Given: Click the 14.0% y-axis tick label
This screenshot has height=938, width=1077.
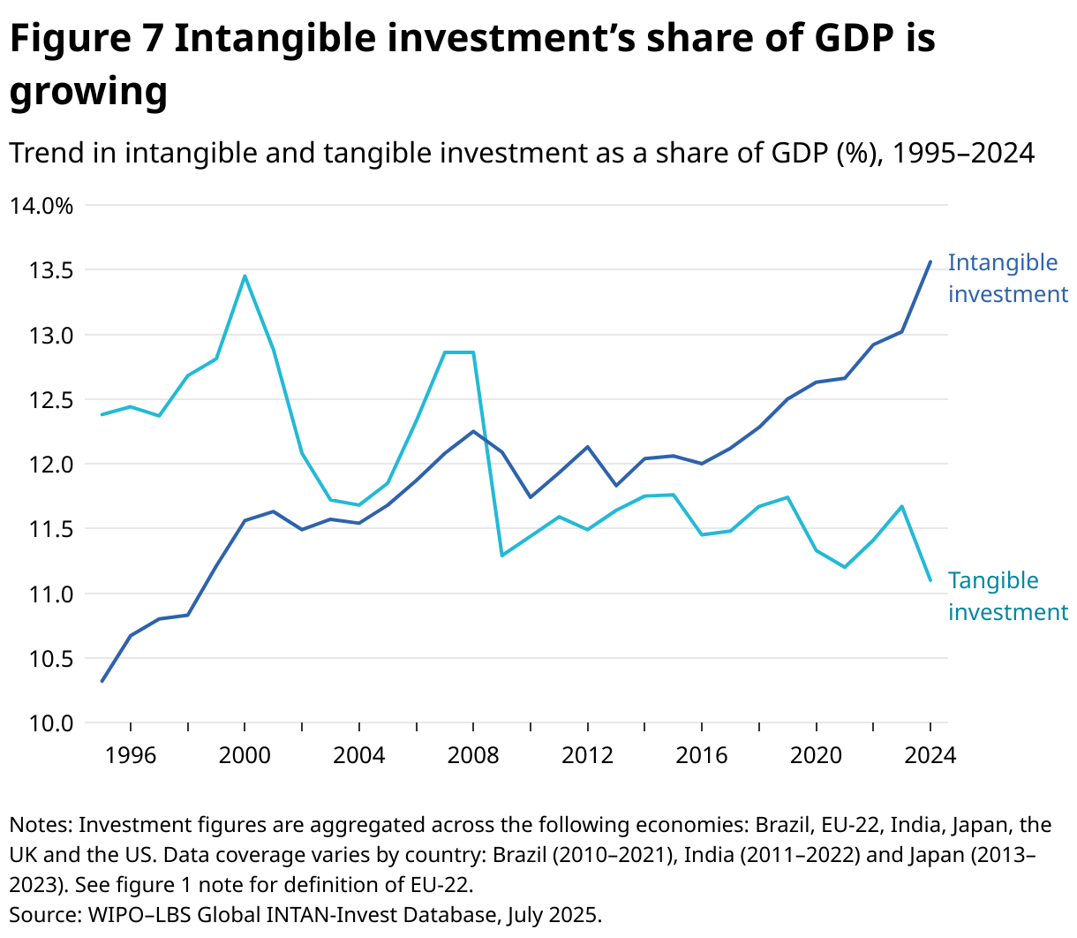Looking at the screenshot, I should click(x=41, y=206).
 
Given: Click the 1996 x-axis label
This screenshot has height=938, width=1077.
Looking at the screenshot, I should click(x=131, y=756).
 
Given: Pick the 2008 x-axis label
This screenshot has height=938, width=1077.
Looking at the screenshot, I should click(x=473, y=756).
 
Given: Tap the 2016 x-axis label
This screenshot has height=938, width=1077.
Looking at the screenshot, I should click(x=702, y=756).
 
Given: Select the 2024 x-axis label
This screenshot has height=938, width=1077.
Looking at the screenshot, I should click(x=930, y=756).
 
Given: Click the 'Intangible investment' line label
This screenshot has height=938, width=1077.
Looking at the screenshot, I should click(x=1007, y=278).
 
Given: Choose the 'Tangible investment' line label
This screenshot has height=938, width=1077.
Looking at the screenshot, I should click(x=1007, y=596).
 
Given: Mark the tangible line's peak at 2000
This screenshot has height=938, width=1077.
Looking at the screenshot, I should click(x=245, y=276).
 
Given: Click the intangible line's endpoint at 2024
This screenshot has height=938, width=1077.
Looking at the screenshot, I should click(x=930, y=261).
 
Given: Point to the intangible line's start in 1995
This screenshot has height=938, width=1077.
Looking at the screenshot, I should click(x=102, y=681).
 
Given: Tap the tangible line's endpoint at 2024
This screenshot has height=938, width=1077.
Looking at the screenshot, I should click(x=930, y=579).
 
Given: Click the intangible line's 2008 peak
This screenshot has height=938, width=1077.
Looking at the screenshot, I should click(x=473, y=431).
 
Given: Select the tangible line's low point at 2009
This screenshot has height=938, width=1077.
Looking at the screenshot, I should click(x=501, y=556).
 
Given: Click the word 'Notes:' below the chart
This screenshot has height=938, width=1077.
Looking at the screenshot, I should click(x=41, y=825).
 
